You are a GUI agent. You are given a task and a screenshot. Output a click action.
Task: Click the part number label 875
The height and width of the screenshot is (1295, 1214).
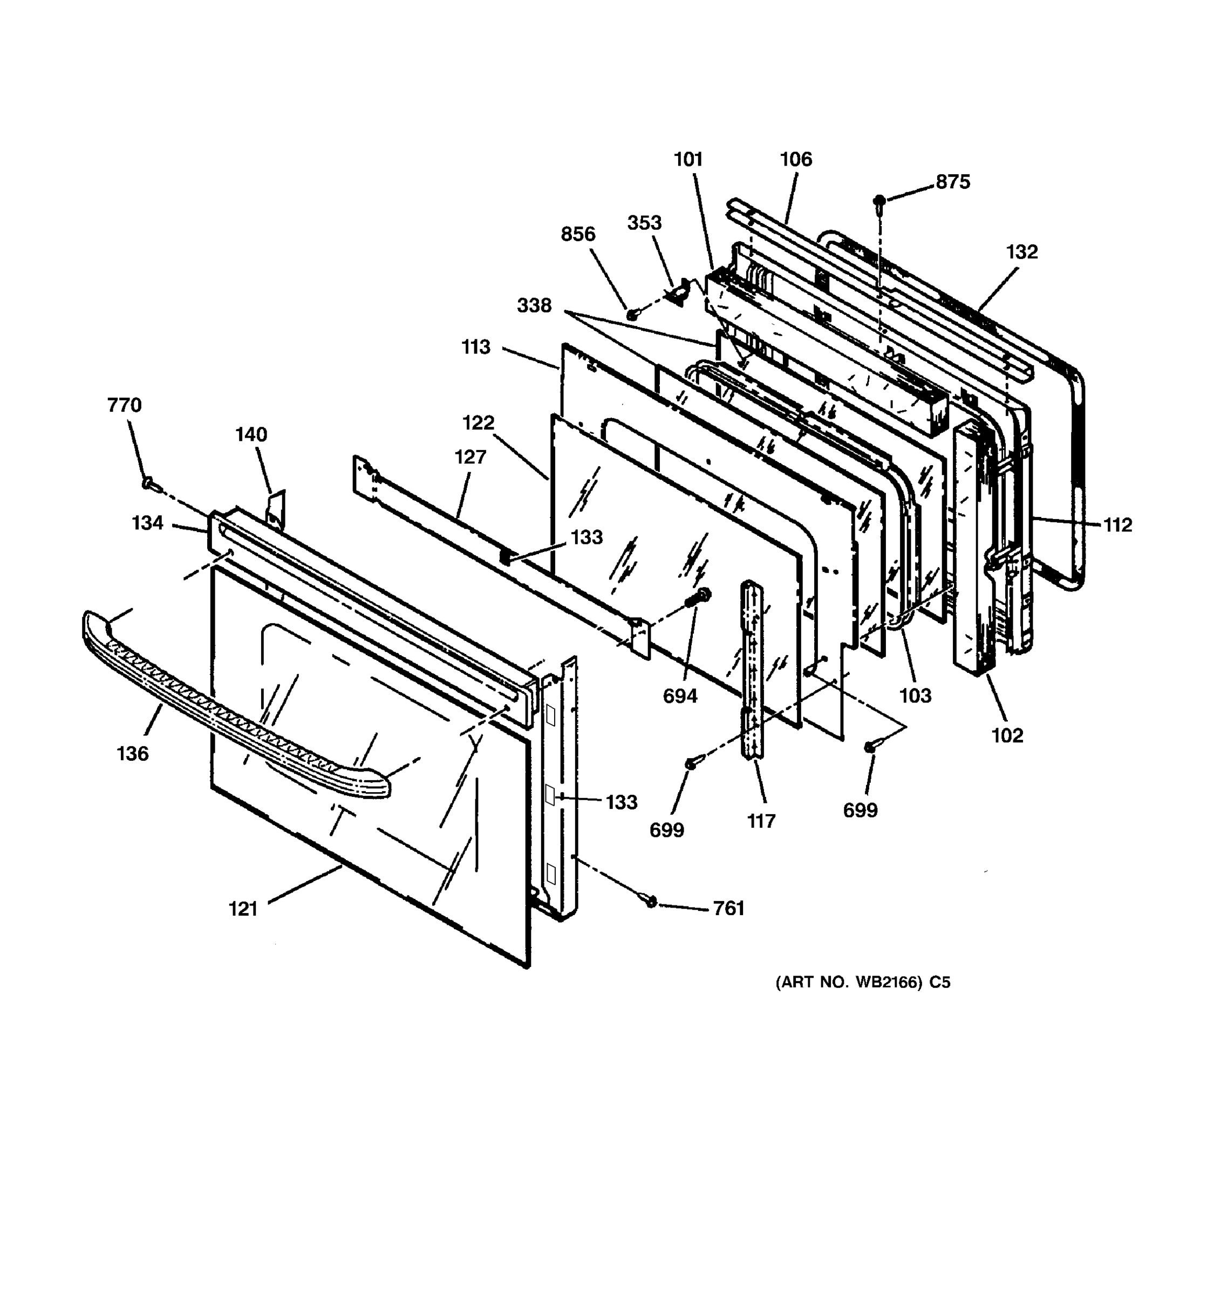tap(952, 182)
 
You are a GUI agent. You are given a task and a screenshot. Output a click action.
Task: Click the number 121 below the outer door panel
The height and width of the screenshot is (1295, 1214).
tap(243, 909)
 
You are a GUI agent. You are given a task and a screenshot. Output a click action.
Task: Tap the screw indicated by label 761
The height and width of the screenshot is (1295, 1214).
tap(651, 902)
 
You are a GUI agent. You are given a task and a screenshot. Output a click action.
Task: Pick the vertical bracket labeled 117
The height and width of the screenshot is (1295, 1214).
tap(752, 671)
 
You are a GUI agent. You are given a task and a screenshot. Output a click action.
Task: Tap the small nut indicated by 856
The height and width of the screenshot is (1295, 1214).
tap(632, 315)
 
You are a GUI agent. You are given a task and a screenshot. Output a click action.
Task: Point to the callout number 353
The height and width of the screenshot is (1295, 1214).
tap(644, 223)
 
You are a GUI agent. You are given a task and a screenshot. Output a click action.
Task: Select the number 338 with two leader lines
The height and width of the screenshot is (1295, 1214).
tap(534, 305)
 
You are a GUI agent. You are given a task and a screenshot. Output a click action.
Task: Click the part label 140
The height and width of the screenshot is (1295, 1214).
tap(251, 434)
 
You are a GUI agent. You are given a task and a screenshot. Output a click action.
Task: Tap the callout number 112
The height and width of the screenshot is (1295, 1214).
tap(1117, 524)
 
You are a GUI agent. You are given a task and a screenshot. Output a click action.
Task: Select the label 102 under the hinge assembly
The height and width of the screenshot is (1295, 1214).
tap(1007, 735)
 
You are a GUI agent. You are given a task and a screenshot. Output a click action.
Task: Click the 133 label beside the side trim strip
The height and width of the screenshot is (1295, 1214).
tap(622, 802)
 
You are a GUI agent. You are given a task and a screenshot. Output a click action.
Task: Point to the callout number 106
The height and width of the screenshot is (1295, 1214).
tap(796, 159)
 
